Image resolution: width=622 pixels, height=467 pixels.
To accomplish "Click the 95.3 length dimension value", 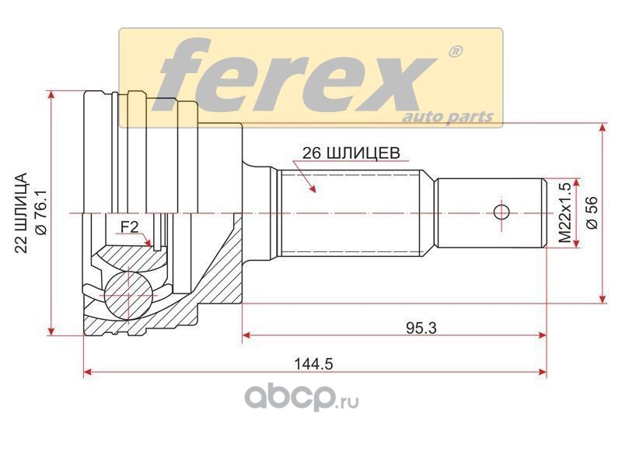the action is click(421, 328).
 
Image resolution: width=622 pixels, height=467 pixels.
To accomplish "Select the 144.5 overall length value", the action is click(313, 363).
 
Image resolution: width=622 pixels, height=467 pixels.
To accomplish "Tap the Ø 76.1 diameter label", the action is click(41, 212).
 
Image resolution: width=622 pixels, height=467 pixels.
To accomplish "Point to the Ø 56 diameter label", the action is click(592, 212).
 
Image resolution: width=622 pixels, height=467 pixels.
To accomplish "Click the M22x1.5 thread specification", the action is click(564, 212).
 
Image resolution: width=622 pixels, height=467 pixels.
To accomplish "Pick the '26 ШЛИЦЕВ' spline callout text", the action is click(351, 153).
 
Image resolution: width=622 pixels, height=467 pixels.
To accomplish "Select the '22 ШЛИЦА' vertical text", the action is click(21, 212).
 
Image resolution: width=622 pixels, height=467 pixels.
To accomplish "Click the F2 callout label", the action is click(129, 227).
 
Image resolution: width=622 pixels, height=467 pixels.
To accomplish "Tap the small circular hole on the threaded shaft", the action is click(501, 212).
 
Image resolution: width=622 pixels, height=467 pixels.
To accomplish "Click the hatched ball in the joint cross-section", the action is click(128, 296).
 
